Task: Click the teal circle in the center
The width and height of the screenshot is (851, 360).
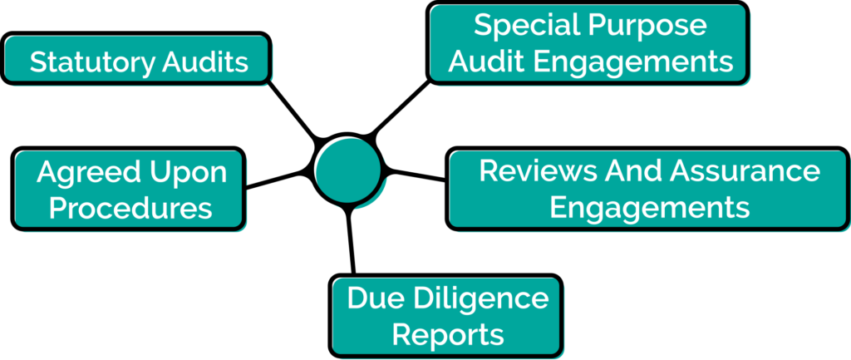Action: tap(348, 170)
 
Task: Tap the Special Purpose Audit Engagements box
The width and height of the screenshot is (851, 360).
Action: tap(588, 42)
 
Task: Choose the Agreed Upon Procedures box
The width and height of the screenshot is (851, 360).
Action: tap(129, 189)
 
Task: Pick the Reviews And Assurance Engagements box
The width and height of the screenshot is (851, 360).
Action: tap(648, 188)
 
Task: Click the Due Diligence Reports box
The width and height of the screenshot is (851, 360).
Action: tap(446, 315)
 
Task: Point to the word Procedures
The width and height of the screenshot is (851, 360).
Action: tap(130, 207)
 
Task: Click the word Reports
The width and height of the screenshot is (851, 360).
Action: tap(448, 334)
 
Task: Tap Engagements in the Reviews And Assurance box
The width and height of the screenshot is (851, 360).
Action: tap(649, 206)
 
